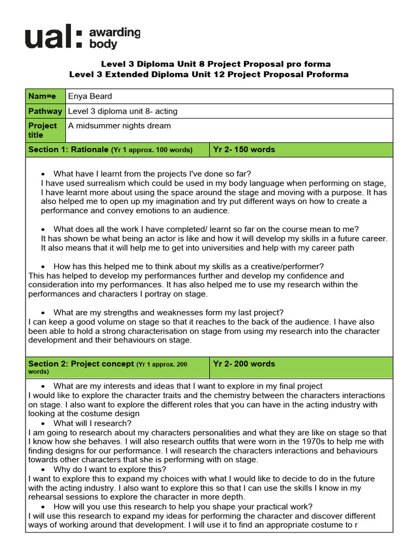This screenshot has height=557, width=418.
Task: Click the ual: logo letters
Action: [53, 39]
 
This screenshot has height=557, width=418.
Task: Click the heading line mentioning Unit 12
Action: [208, 74]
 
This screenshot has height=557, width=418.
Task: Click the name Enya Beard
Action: [90, 96]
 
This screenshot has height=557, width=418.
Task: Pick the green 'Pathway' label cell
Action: [45, 111]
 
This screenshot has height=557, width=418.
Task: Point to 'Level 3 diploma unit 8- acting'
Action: [122, 111]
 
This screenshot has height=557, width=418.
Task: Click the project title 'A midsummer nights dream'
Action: [119, 126]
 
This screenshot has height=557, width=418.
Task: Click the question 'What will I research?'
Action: [92, 423]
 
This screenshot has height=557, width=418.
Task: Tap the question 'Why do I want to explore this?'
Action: [109, 469]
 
